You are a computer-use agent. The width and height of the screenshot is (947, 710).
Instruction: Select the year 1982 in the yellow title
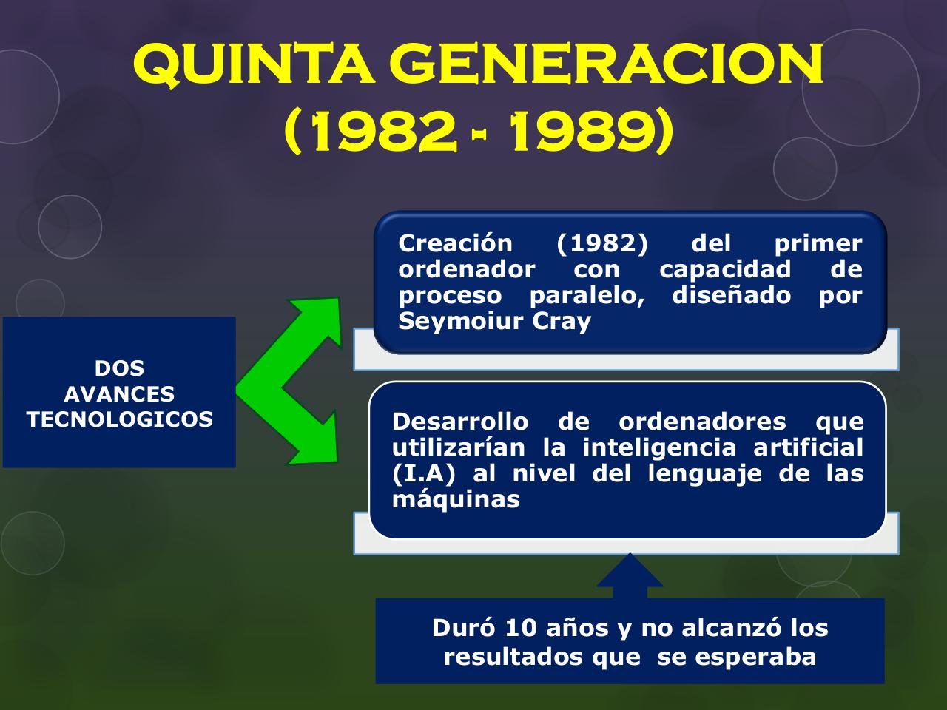(x=384, y=133)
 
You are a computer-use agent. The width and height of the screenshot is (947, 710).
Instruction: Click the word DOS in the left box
(x=119, y=368)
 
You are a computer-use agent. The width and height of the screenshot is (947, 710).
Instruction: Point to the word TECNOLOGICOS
(x=119, y=419)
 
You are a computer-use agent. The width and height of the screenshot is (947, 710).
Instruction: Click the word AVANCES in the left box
(x=119, y=393)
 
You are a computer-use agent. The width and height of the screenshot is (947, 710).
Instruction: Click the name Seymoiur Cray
(x=494, y=322)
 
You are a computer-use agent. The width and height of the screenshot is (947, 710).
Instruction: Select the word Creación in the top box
(x=455, y=243)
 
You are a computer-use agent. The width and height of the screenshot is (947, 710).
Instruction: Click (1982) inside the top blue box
(x=601, y=243)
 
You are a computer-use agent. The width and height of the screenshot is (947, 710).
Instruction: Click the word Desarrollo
(x=459, y=422)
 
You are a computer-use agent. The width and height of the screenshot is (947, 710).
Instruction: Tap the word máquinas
(x=456, y=499)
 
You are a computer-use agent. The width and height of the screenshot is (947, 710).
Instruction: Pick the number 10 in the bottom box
(x=522, y=628)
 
